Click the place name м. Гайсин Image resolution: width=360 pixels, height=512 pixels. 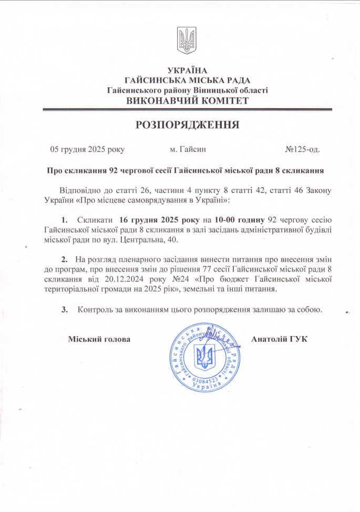(188, 149)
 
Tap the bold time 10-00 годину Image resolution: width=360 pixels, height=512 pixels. (236, 218)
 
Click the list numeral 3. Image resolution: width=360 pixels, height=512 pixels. (64, 309)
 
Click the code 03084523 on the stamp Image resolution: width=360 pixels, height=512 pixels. (204, 380)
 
